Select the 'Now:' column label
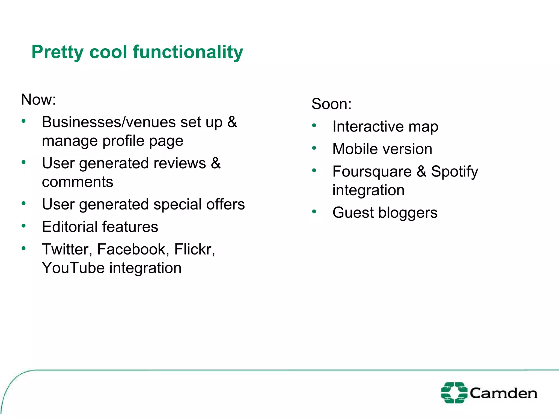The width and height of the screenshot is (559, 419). click(38, 99)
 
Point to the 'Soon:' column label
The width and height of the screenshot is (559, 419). click(331, 104)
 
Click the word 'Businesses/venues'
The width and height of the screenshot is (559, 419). click(109, 122)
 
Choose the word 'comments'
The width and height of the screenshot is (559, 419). click(78, 182)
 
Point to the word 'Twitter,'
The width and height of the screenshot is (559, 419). click(67, 249)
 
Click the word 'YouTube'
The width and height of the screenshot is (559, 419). click(73, 268)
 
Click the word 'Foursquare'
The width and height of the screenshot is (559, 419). click(372, 172)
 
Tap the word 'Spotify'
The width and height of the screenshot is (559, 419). click(454, 172)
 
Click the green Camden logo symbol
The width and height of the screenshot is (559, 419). click(454, 393)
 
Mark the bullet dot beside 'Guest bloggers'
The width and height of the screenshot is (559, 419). click(314, 211)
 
